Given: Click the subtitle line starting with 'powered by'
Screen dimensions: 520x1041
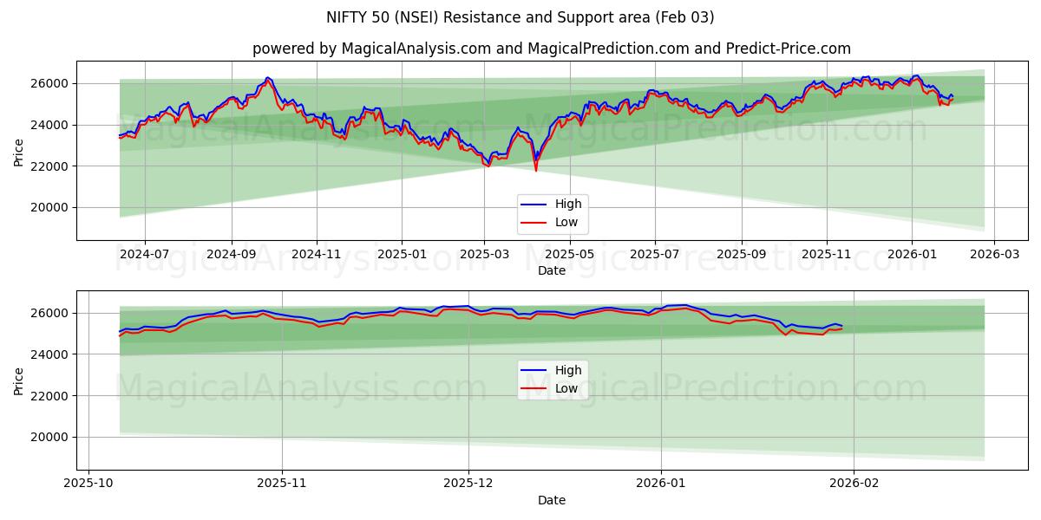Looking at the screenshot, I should click(551, 49).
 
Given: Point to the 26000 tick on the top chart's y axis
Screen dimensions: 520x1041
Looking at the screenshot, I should click(51, 83).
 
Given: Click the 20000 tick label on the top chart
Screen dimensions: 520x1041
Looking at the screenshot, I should click(51, 207).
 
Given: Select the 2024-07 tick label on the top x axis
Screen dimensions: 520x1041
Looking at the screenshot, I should click(144, 255).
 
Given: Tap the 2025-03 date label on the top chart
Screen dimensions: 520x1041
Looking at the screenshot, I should click(484, 255).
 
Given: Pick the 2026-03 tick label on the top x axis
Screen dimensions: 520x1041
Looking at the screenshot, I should click(994, 255).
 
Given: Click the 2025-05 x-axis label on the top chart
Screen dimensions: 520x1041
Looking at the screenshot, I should click(569, 255).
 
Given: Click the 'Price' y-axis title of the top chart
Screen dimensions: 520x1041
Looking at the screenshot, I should click(19, 151).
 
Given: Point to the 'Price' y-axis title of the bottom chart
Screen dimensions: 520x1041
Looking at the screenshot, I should click(19, 380).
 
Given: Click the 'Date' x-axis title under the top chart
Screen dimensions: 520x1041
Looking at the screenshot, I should click(551, 270).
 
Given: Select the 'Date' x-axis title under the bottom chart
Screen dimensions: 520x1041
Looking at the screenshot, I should click(551, 500).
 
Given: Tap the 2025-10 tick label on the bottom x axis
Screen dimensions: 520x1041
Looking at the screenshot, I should click(89, 484).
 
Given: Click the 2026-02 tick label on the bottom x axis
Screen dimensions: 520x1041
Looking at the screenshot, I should click(854, 484).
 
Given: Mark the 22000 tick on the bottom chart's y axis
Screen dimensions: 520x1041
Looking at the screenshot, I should click(51, 395).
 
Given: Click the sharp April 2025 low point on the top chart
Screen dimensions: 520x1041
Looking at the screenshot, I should click(535, 170).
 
